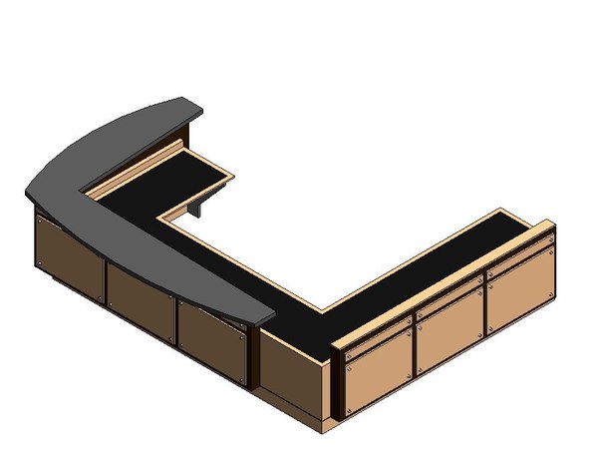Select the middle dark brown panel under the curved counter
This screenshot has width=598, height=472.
tap(140, 300)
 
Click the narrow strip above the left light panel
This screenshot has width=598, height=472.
tap(377, 331)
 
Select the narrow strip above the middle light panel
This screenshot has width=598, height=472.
tap(449, 297)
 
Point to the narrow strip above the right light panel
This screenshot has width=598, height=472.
tap(518, 261)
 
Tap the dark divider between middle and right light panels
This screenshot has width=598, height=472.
tap(486, 309)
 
